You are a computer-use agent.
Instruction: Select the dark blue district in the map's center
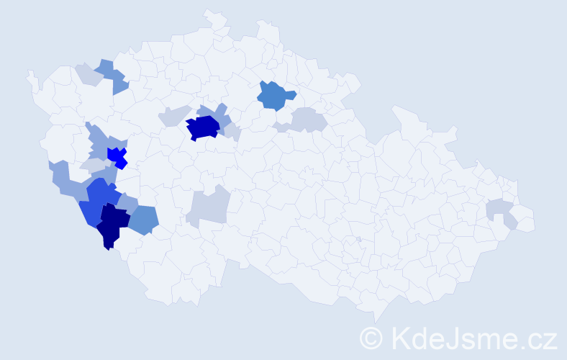(x=202, y=127)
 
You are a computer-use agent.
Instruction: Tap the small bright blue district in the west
(x=116, y=156)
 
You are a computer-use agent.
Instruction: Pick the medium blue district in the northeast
(x=276, y=96)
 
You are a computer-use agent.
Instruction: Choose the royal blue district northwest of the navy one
(x=99, y=199)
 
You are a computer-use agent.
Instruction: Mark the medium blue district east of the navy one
(x=145, y=219)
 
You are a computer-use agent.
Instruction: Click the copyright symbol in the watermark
(x=371, y=337)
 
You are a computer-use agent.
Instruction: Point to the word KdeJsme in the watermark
(x=446, y=337)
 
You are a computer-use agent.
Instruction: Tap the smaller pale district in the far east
(x=511, y=222)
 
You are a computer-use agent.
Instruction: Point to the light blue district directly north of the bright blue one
(x=101, y=138)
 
